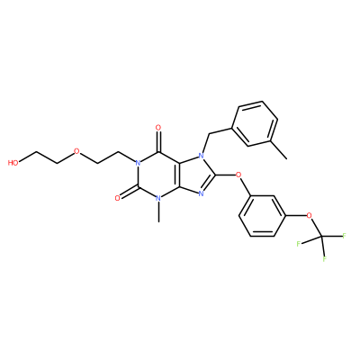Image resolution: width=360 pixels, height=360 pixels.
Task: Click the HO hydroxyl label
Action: (13, 163)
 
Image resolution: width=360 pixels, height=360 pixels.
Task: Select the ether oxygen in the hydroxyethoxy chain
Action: (76, 151)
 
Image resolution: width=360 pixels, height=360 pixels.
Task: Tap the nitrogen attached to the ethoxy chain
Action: (138, 163)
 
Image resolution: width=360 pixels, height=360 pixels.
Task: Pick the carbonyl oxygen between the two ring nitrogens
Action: (118, 198)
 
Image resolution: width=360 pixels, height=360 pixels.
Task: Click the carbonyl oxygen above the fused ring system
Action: (158, 128)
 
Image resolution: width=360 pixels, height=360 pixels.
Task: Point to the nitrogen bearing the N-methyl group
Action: (158, 198)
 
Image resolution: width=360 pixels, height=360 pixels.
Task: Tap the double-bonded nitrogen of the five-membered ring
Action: (202, 193)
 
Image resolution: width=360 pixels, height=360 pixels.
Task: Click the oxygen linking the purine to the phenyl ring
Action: (238, 175)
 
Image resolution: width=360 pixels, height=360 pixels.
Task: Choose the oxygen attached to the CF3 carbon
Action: (309, 215)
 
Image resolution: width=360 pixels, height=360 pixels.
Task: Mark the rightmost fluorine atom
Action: (344, 236)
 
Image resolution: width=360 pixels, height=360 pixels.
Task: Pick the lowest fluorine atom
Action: (325, 259)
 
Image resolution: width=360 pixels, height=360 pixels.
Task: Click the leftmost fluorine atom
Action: (299, 244)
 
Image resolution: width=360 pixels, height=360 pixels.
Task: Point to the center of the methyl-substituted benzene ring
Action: (255, 124)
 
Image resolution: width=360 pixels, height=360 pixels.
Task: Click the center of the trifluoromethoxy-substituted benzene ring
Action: (262, 216)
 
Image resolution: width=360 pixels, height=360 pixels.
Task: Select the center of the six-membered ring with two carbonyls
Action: (158, 175)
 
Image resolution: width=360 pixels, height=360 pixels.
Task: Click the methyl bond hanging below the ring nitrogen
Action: (158, 212)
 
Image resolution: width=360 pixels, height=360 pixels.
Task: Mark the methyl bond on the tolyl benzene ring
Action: (279, 149)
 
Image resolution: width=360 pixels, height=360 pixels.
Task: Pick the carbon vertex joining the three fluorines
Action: (321, 236)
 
